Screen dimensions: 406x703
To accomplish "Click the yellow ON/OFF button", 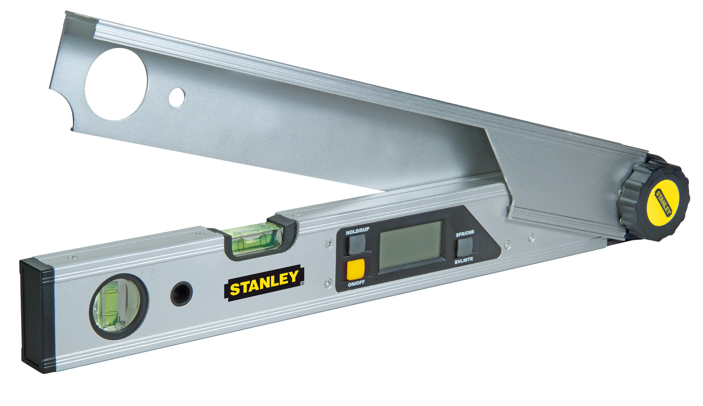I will (x=355, y=269).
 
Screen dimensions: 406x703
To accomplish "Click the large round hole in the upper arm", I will (x=116, y=84).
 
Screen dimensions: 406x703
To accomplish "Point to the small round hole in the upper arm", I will (x=177, y=97).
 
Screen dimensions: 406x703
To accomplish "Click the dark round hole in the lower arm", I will (x=181, y=293).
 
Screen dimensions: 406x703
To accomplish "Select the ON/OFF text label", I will (x=356, y=284).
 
